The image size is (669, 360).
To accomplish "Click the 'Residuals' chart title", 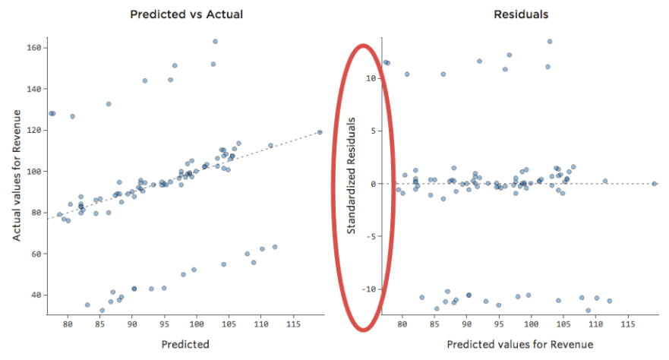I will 521,14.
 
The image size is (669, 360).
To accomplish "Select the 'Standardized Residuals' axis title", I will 351,179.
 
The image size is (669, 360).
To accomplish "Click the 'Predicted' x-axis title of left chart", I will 185,344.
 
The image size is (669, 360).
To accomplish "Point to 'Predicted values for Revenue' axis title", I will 520,344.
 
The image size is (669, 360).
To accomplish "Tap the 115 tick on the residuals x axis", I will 627,324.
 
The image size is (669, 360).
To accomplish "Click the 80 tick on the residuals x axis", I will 402,324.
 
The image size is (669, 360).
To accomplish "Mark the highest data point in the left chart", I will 215,42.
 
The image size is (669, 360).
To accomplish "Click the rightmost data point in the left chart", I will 320,132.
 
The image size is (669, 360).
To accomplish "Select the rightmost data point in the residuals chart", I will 655,184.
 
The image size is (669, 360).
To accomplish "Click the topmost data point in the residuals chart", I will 550,42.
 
